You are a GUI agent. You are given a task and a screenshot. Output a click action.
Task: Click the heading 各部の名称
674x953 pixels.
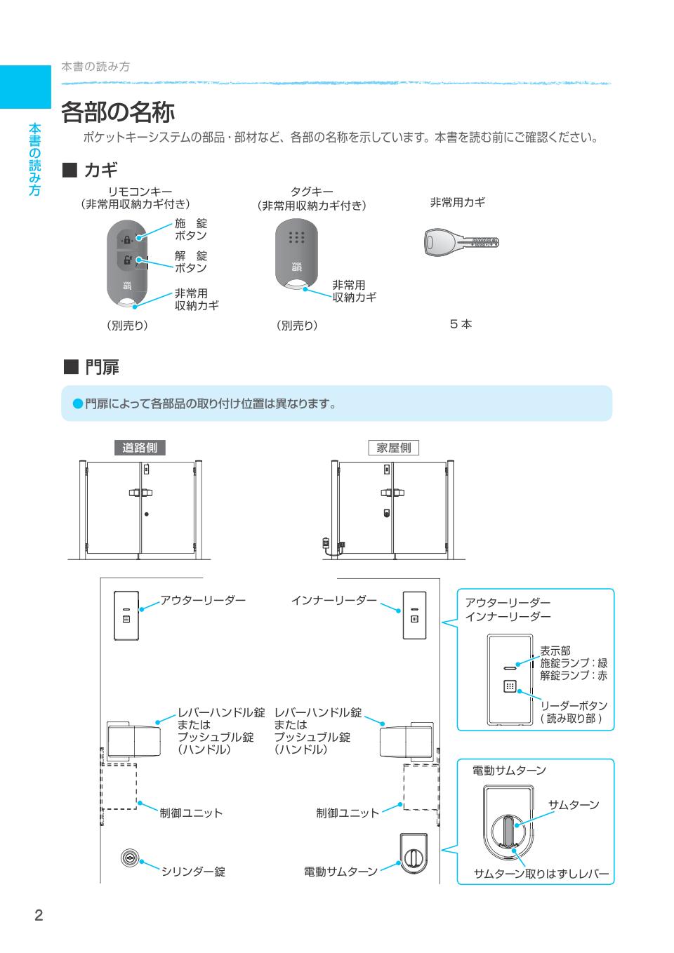pyautogui.click(x=117, y=112)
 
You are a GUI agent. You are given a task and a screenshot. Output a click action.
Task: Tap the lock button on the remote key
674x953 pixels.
pyautogui.click(x=127, y=239)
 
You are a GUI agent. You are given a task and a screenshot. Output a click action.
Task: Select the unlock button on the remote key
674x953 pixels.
pyautogui.click(x=127, y=260)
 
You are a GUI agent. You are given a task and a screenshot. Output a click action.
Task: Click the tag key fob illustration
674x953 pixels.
pyautogui.click(x=296, y=252)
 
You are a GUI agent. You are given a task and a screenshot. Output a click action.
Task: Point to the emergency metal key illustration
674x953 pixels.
pyautogui.click(x=461, y=243)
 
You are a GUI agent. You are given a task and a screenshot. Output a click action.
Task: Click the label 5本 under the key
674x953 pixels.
pyautogui.click(x=461, y=324)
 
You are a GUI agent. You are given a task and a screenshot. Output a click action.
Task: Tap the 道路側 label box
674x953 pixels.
pyautogui.click(x=140, y=448)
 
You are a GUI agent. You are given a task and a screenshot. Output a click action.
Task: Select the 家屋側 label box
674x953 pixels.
pyautogui.click(x=393, y=448)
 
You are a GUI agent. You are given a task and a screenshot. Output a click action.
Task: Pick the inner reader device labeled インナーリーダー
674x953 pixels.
pyautogui.click(x=414, y=615)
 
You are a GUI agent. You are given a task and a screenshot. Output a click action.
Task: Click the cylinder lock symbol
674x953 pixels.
pyautogui.click(x=128, y=857)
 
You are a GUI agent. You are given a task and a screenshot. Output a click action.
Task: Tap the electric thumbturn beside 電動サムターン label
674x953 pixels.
pyautogui.click(x=414, y=855)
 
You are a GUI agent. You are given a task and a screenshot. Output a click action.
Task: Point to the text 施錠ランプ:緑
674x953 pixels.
pyautogui.click(x=574, y=663)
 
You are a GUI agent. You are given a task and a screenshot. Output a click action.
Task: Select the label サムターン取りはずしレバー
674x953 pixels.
pyautogui.click(x=541, y=874)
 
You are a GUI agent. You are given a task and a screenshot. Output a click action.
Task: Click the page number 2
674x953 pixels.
pyautogui.click(x=39, y=915)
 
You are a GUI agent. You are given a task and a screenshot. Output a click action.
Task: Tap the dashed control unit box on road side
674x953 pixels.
pyautogui.click(x=119, y=786)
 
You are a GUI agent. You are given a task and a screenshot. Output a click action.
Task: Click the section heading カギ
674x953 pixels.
pyautogui.click(x=100, y=170)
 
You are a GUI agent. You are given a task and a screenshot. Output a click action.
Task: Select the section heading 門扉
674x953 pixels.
pyautogui.click(x=102, y=367)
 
